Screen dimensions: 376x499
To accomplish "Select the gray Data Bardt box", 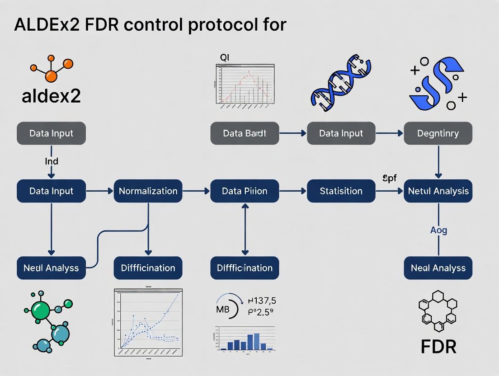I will point(245,133).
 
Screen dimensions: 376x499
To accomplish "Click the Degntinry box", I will point(438,133).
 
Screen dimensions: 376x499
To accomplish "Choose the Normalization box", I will point(148,191).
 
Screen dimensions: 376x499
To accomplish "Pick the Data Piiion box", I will point(245,191).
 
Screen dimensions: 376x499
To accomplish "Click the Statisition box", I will point(341,191).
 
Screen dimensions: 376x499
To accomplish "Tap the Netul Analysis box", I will point(438,191).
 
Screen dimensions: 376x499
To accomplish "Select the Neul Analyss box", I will point(51,268).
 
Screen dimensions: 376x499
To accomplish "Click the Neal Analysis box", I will point(438,268).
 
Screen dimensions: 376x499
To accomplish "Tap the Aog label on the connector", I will point(438,230).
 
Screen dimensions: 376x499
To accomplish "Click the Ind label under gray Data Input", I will point(51,161).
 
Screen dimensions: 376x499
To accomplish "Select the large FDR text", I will point(438,347).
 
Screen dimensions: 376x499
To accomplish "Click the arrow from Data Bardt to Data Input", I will point(293,133).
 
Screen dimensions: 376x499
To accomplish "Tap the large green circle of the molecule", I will point(41,311).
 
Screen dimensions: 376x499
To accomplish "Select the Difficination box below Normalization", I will point(148,268).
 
